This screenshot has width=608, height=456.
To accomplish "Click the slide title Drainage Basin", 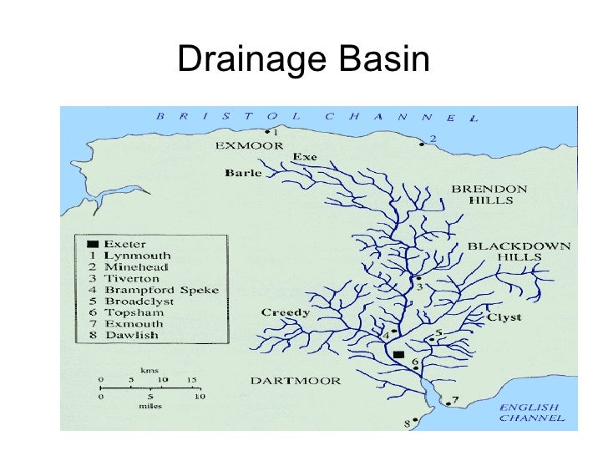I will click(x=303, y=60).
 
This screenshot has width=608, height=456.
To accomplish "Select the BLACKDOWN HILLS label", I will click(x=519, y=251).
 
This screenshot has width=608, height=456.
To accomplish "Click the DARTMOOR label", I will click(x=296, y=381).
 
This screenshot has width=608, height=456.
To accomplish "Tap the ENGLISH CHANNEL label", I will click(x=531, y=413).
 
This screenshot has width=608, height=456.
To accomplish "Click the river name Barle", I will click(x=243, y=174).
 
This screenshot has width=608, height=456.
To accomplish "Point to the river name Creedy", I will click(x=286, y=313).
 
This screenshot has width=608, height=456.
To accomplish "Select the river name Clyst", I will click(x=504, y=317).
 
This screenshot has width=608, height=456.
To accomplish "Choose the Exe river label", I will click(x=304, y=157).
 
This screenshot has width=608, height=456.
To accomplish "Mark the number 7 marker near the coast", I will click(x=455, y=399).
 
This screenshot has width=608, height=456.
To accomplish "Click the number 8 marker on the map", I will click(x=408, y=424).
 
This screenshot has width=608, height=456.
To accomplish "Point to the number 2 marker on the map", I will click(x=432, y=139).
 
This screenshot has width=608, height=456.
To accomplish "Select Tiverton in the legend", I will click(x=131, y=278).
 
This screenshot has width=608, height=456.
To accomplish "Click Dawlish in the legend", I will click(x=129, y=335).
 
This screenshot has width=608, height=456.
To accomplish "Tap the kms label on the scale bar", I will click(x=149, y=370).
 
